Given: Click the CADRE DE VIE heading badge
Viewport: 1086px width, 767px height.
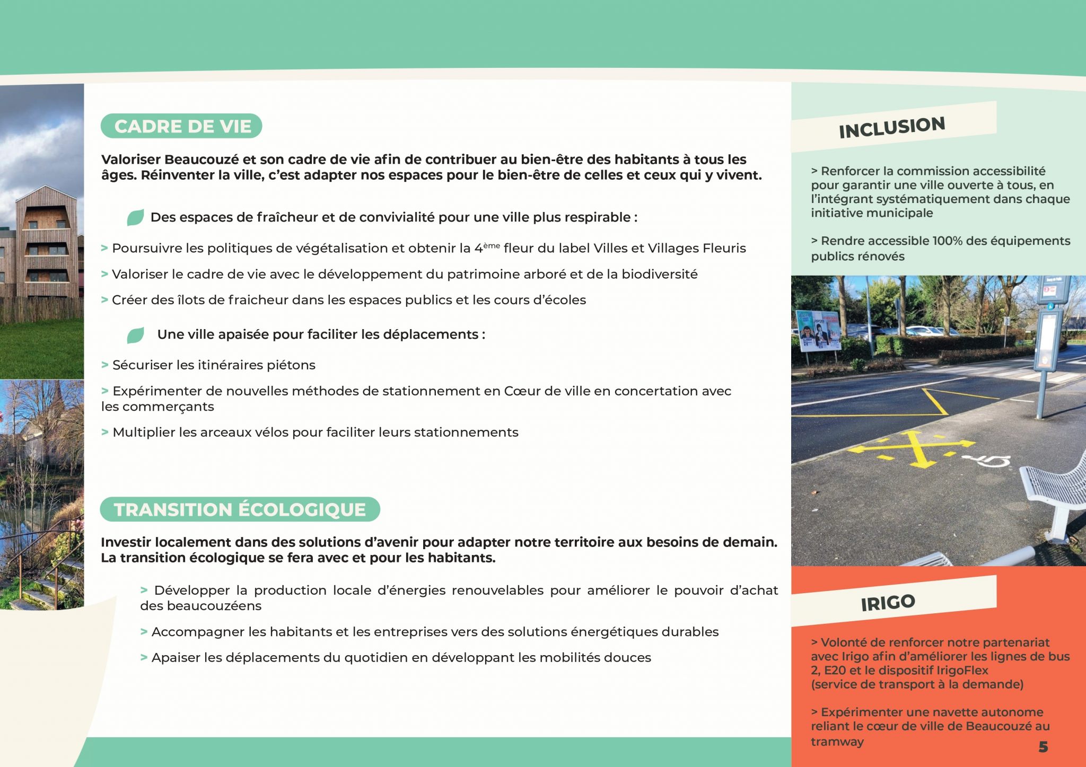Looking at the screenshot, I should pos(181,126).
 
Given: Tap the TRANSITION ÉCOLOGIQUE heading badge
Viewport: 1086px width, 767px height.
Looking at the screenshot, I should pos(240,509).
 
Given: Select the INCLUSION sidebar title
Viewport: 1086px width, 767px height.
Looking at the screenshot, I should pos(892,127).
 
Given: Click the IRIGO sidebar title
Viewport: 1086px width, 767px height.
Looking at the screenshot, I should pos(888,603).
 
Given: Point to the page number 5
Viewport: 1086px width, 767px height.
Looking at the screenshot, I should pos(1043,747).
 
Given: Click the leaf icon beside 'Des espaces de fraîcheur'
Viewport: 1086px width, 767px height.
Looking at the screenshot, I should pos(135,217).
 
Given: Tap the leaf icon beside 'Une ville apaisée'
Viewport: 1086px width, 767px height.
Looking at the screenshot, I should pos(135,335).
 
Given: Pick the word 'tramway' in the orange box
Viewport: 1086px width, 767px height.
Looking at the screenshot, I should pos(837,742).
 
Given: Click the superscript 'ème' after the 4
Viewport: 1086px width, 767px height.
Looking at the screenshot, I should pos(492,245).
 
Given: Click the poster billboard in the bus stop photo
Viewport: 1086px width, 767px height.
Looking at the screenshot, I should pos(818,331).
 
